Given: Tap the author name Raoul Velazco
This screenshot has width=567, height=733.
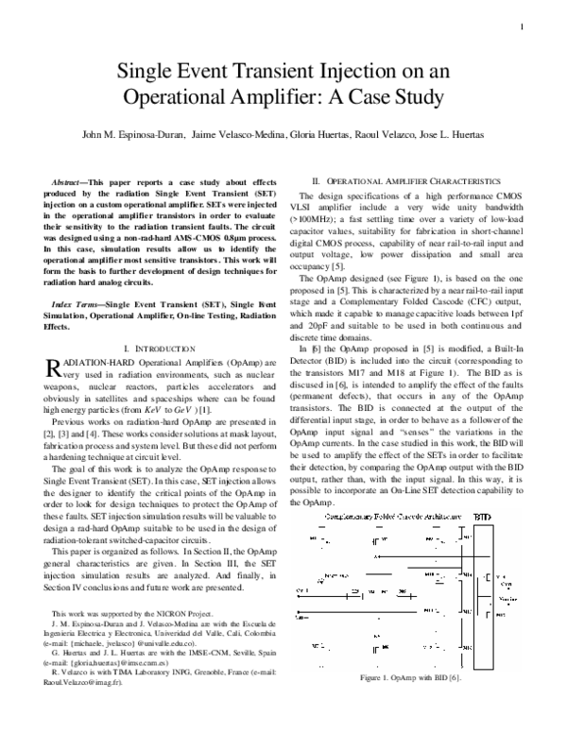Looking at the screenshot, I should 401,135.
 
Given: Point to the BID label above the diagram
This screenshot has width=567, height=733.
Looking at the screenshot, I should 481,518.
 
